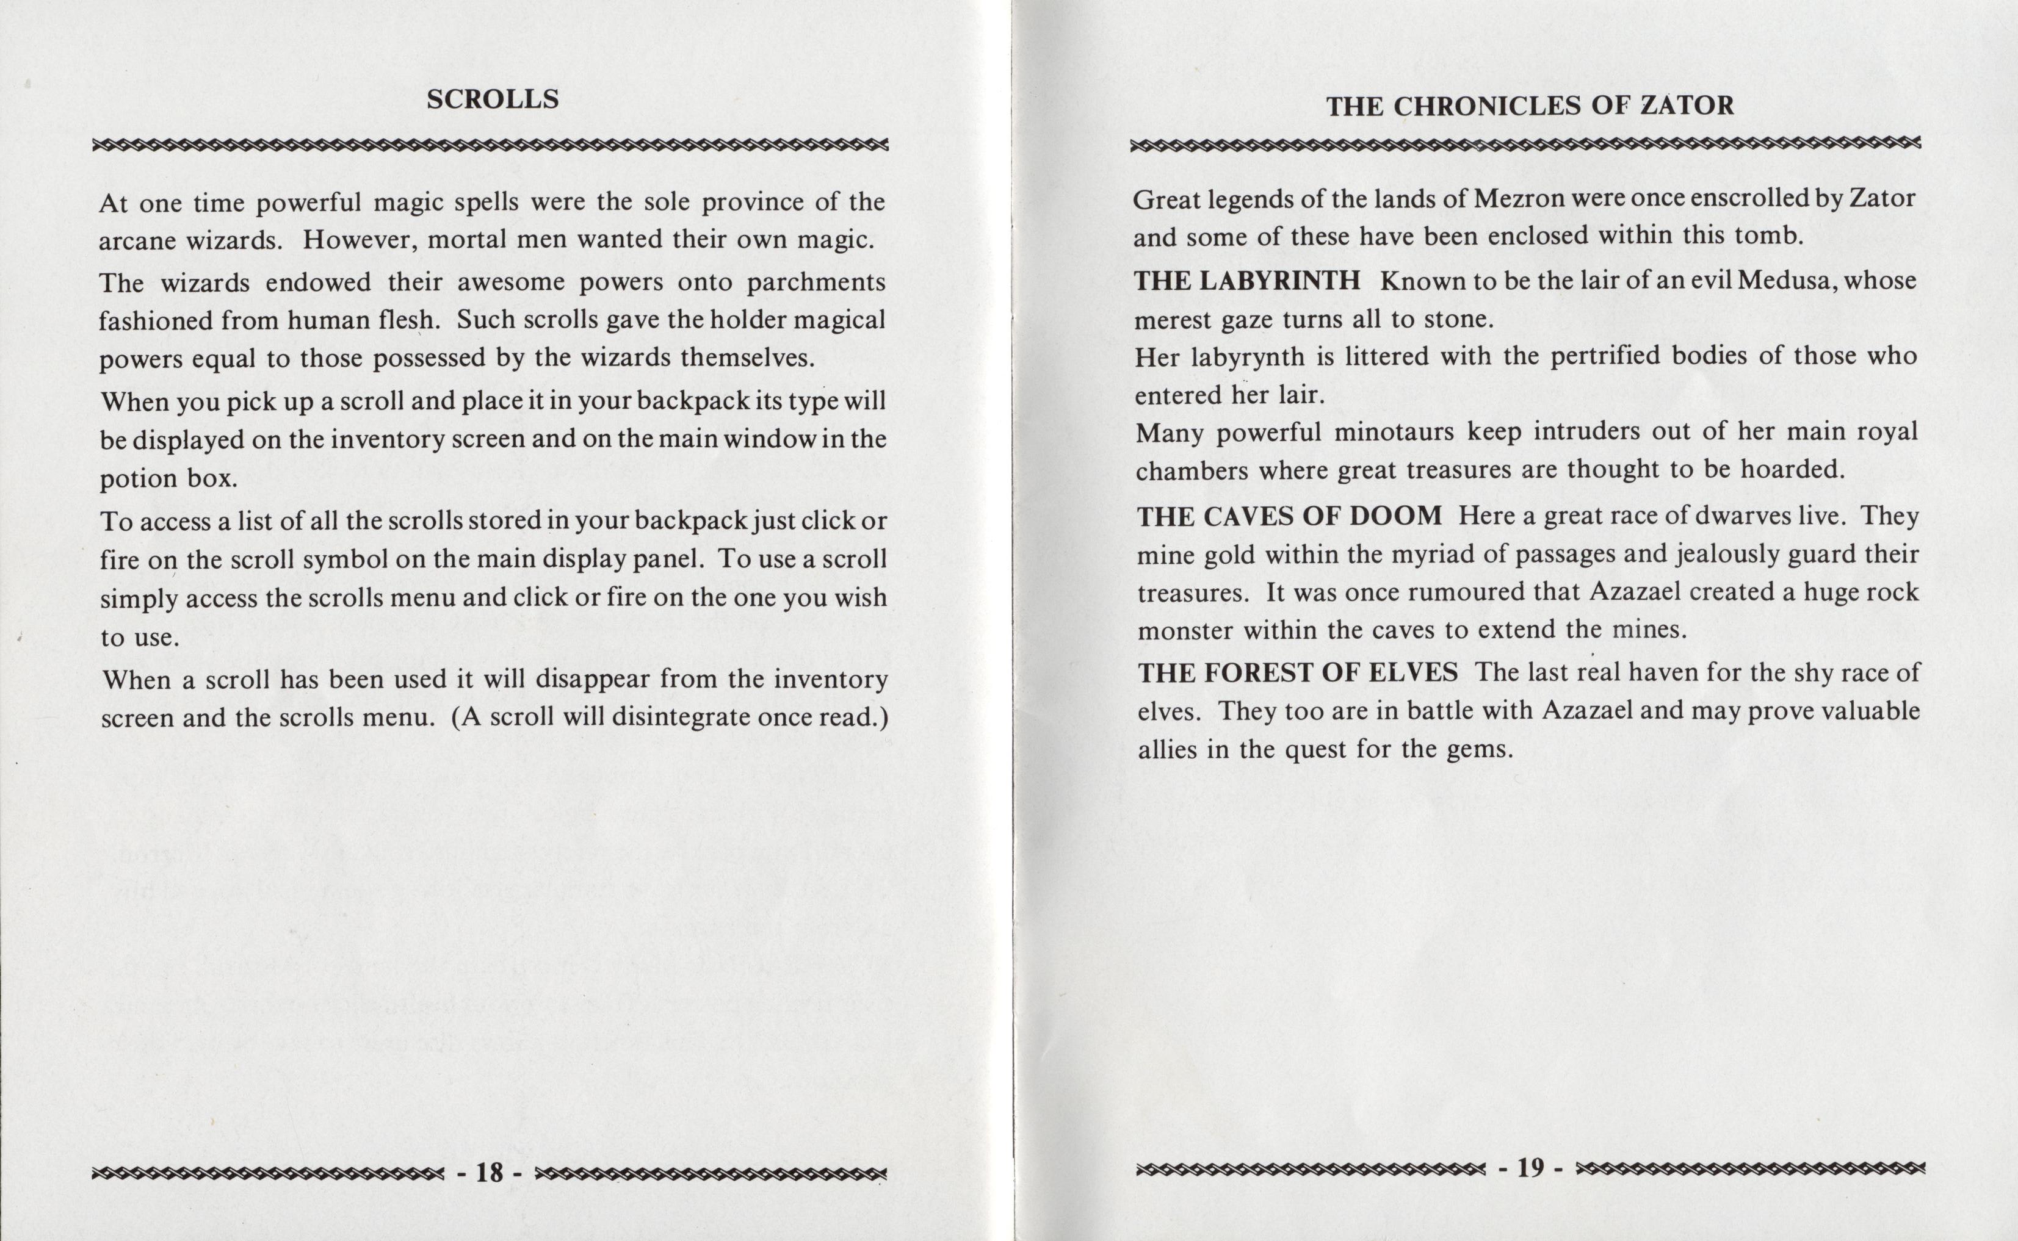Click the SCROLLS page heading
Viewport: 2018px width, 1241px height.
pyautogui.click(x=493, y=99)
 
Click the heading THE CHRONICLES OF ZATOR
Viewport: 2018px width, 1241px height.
pyautogui.click(x=1530, y=106)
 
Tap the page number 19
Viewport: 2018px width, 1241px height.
pyautogui.click(x=1530, y=1167)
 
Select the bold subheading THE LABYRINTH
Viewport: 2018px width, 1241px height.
pyautogui.click(x=1247, y=281)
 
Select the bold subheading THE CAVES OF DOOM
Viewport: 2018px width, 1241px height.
pyautogui.click(x=1289, y=516)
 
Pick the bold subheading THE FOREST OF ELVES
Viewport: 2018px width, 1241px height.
pyautogui.click(x=1297, y=673)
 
